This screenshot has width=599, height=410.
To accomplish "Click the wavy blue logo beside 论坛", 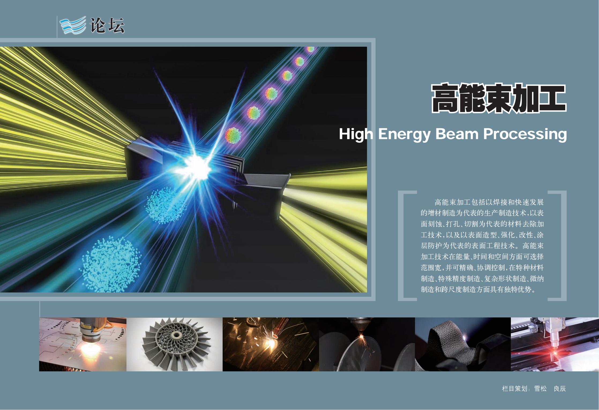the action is coord(73,25).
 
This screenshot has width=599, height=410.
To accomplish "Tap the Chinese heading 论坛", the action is coord(107,26).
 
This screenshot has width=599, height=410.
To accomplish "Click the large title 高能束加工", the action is coord(499,98).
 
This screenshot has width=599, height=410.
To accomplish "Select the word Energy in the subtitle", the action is coord(404,134).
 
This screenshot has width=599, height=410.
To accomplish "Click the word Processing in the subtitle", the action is coord(525,134).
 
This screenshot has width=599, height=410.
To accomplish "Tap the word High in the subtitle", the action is coord(356,134).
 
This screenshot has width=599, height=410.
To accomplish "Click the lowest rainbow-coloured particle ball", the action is coord(233,135).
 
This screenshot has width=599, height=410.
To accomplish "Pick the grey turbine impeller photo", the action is coord(174,345).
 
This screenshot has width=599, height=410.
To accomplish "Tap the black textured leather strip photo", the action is coord(463,345).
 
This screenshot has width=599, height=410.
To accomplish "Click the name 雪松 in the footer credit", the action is coord(540,389).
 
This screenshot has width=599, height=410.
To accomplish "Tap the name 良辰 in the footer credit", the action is coord(560,389).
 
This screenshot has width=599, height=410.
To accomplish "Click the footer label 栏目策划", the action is coord(515,389).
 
